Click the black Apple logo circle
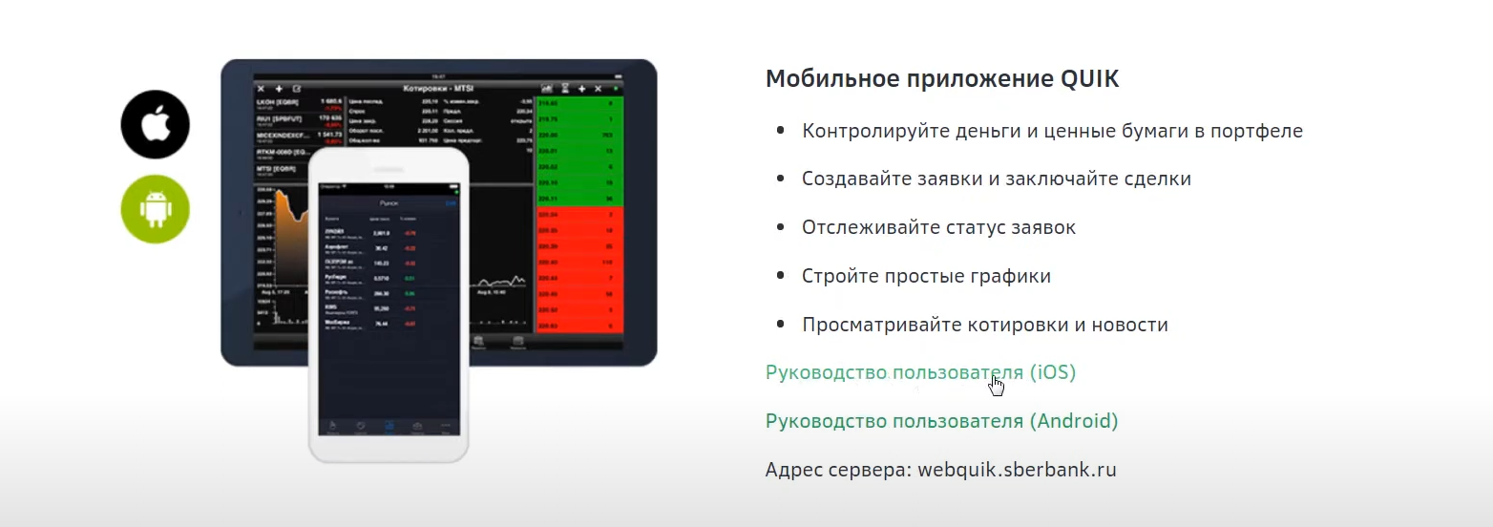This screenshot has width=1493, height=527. coord(156,124)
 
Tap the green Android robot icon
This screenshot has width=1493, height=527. coord(156,209)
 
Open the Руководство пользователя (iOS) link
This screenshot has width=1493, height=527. coord(920,372)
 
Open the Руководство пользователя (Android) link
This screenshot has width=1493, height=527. coord(941,421)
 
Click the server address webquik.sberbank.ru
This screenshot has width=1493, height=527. coord(1017,470)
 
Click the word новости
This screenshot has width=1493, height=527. coord(1130,325)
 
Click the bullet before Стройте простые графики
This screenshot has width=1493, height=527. coord(781,276)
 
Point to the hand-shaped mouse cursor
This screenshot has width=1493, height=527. coord(997,385)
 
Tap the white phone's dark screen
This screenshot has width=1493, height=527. coord(389,306)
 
